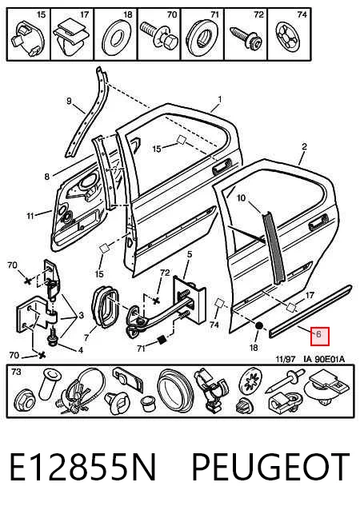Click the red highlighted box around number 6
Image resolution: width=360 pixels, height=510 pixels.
[320, 337]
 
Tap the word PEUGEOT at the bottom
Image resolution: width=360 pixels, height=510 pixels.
[270, 468]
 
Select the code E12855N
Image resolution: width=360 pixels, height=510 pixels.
[83, 468]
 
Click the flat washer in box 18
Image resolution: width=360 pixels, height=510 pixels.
[116, 38]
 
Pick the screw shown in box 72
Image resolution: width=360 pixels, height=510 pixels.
[245, 38]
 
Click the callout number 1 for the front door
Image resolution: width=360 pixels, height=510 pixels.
[220, 99]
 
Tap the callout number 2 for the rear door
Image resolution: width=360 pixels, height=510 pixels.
[304, 147]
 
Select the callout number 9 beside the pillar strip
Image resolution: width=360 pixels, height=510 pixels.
[69, 101]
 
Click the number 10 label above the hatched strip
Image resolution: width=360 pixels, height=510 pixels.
[241, 197]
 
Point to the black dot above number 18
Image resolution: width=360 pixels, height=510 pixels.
[259, 326]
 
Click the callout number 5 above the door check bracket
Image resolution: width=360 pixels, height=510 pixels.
[190, 254]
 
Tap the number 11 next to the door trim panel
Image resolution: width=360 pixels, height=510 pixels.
[30, 216]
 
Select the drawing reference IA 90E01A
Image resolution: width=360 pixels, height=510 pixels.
[324, 359]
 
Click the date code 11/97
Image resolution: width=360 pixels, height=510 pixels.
[286, 359]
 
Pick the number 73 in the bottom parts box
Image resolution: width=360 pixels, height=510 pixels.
[16, 372]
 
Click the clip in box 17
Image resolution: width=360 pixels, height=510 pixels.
[72, 38]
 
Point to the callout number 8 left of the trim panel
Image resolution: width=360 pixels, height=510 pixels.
[47, 177]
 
